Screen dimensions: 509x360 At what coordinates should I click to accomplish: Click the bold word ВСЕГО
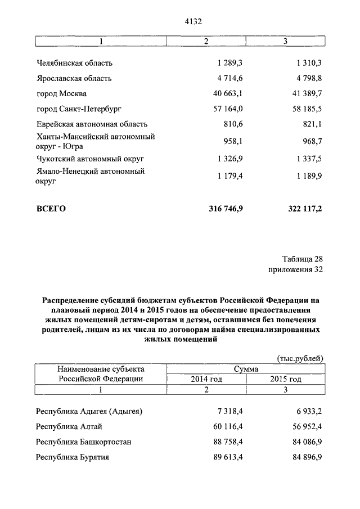pyautogui.click(x=51, y=209)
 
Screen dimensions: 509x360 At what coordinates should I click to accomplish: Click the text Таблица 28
pyautogui.click(x=302, y=259)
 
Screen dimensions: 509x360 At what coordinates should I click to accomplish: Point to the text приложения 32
pyautogui.click(x=296, y=270)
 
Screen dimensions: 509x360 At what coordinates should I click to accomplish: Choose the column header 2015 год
pyautogui.click(x=285, y=380)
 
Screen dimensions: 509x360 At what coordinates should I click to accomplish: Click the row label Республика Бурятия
pyautogui.click(x=72, y=457)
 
